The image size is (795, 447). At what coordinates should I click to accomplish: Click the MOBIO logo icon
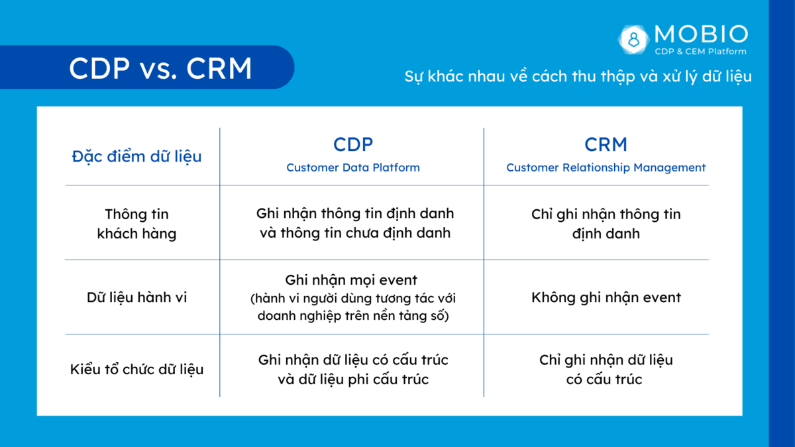click(635, 38)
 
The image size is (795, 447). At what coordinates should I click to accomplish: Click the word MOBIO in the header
click(700, 34)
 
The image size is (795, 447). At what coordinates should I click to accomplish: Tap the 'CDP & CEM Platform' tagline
click(700, 52)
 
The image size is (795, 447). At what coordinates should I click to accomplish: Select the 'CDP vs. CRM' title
click(160, 69)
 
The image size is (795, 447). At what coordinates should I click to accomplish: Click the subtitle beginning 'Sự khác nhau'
click(578, 76)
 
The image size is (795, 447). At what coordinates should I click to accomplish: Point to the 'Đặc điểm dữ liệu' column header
click(136, 157)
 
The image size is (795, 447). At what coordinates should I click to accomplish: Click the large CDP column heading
click(352, 144)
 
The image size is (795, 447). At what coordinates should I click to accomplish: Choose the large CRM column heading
click(606, 144)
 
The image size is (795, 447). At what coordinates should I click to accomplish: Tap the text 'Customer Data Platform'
click(352, 168)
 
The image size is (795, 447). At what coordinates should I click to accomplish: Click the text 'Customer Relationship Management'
click(606, 168)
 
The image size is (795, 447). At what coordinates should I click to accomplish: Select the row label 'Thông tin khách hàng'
click(136, 224)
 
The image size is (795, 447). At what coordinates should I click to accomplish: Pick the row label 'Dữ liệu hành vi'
click(136, 297)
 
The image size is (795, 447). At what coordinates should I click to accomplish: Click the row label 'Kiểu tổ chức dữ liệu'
click(136, 370)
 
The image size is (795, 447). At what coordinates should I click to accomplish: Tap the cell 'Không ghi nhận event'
click(606, 297)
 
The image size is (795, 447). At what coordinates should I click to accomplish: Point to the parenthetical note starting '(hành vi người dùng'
click(352, 308)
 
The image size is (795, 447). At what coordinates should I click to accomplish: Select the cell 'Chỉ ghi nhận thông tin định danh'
click(606, 224)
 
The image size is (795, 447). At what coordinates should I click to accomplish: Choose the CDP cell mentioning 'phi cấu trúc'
click(352, 370)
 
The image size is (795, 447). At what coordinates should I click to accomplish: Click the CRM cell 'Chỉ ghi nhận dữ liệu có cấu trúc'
click(606, 370)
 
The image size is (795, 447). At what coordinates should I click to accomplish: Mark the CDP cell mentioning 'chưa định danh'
click(355, 224)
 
